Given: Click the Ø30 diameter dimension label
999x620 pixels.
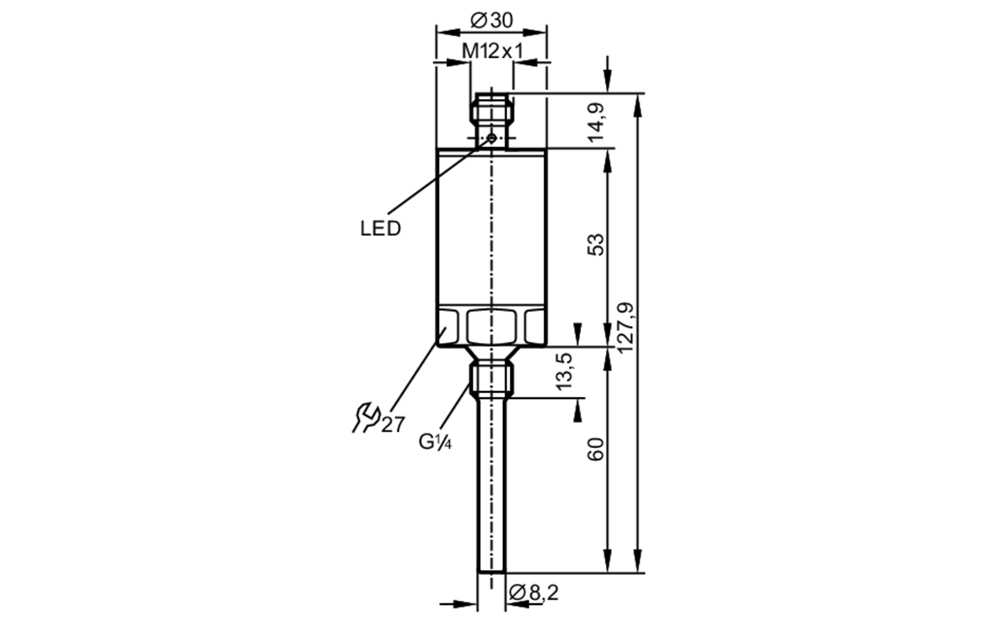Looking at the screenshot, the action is pos(492,20).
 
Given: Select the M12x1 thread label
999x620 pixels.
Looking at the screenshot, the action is pos(493,51).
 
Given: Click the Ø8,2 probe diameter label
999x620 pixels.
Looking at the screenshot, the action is pos(533,593).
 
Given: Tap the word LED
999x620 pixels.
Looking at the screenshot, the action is pos(381,229).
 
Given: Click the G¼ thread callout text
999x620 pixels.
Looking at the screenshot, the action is pos(435,442).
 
